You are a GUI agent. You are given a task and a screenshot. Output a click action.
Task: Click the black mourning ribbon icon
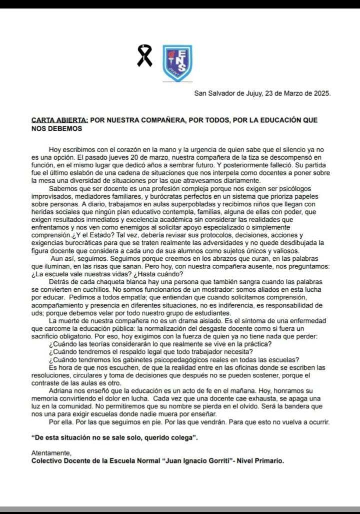point(145,56)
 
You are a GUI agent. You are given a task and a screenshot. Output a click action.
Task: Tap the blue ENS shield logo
point(177,63)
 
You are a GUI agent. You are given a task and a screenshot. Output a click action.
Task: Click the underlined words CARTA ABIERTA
point(59,120)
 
